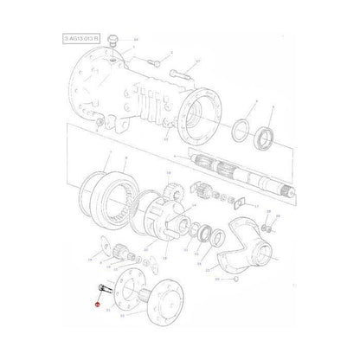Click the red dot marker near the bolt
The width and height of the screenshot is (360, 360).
100,305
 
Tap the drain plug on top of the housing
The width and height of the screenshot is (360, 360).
120,41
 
